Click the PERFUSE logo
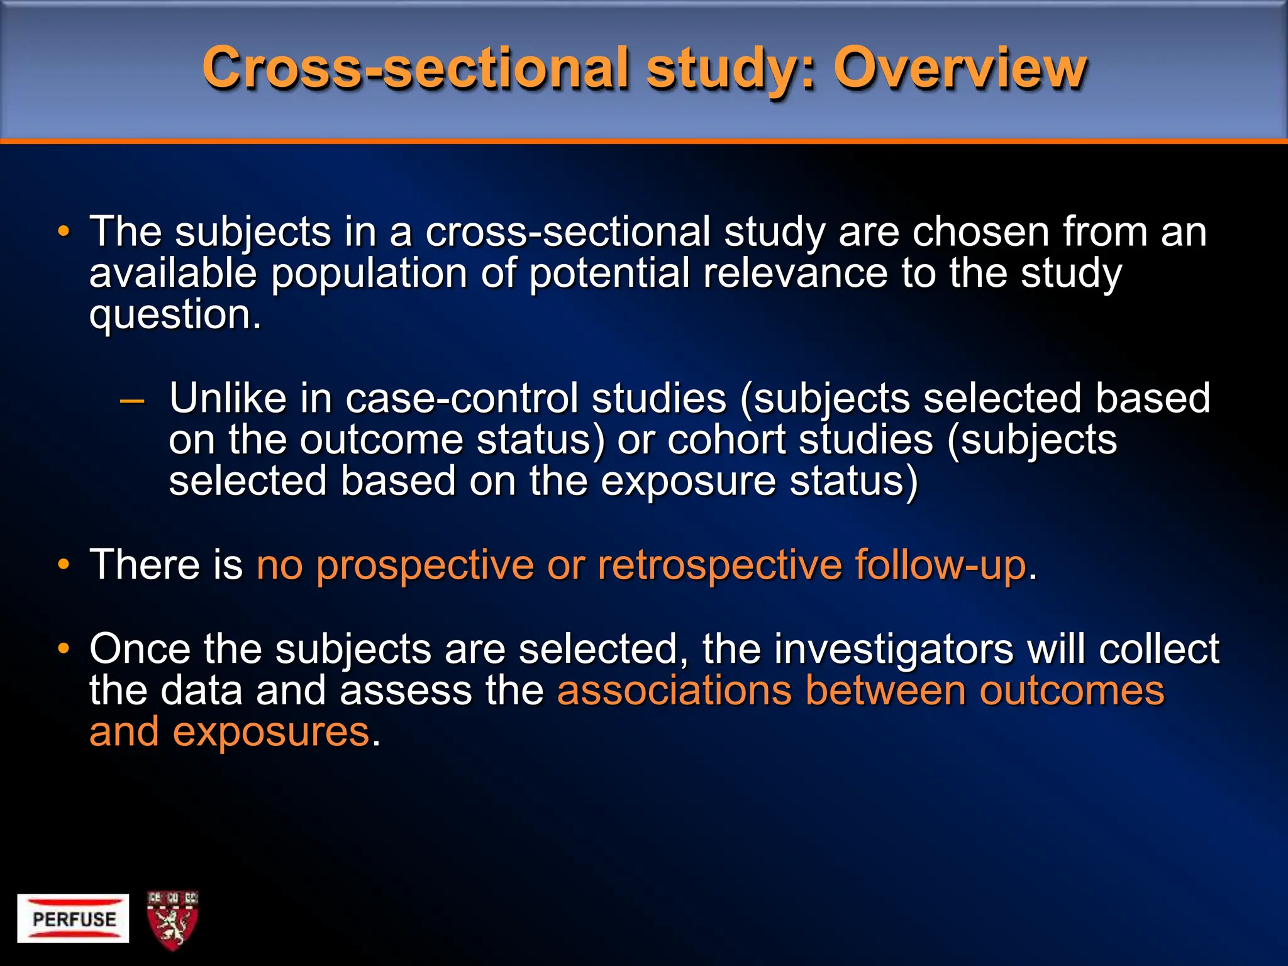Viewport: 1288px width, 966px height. click(x=73, y=918)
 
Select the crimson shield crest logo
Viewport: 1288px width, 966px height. click(x=172, y=919)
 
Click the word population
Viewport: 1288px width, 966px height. click(x=369, y=274)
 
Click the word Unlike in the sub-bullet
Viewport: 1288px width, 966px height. click(x=228, y=399)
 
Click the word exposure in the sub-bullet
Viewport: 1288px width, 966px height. click(x=688, y=481)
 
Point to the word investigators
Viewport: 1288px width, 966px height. click(x=893, y=649)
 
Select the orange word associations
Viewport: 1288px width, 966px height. click(x=674, y=691)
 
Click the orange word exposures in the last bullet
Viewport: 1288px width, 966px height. click(x=270, y=732)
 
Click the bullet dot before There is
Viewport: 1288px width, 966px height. click(x=63, y=564)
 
